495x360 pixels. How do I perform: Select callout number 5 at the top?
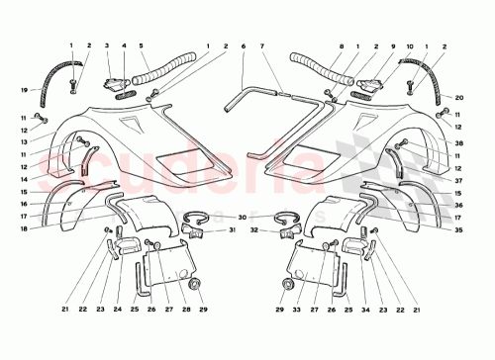(143, 46)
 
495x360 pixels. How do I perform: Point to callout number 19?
(21, 90)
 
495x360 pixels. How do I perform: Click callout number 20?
(458, 98)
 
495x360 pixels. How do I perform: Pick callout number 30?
(243, 217)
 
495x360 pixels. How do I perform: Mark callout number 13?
(21, 142)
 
